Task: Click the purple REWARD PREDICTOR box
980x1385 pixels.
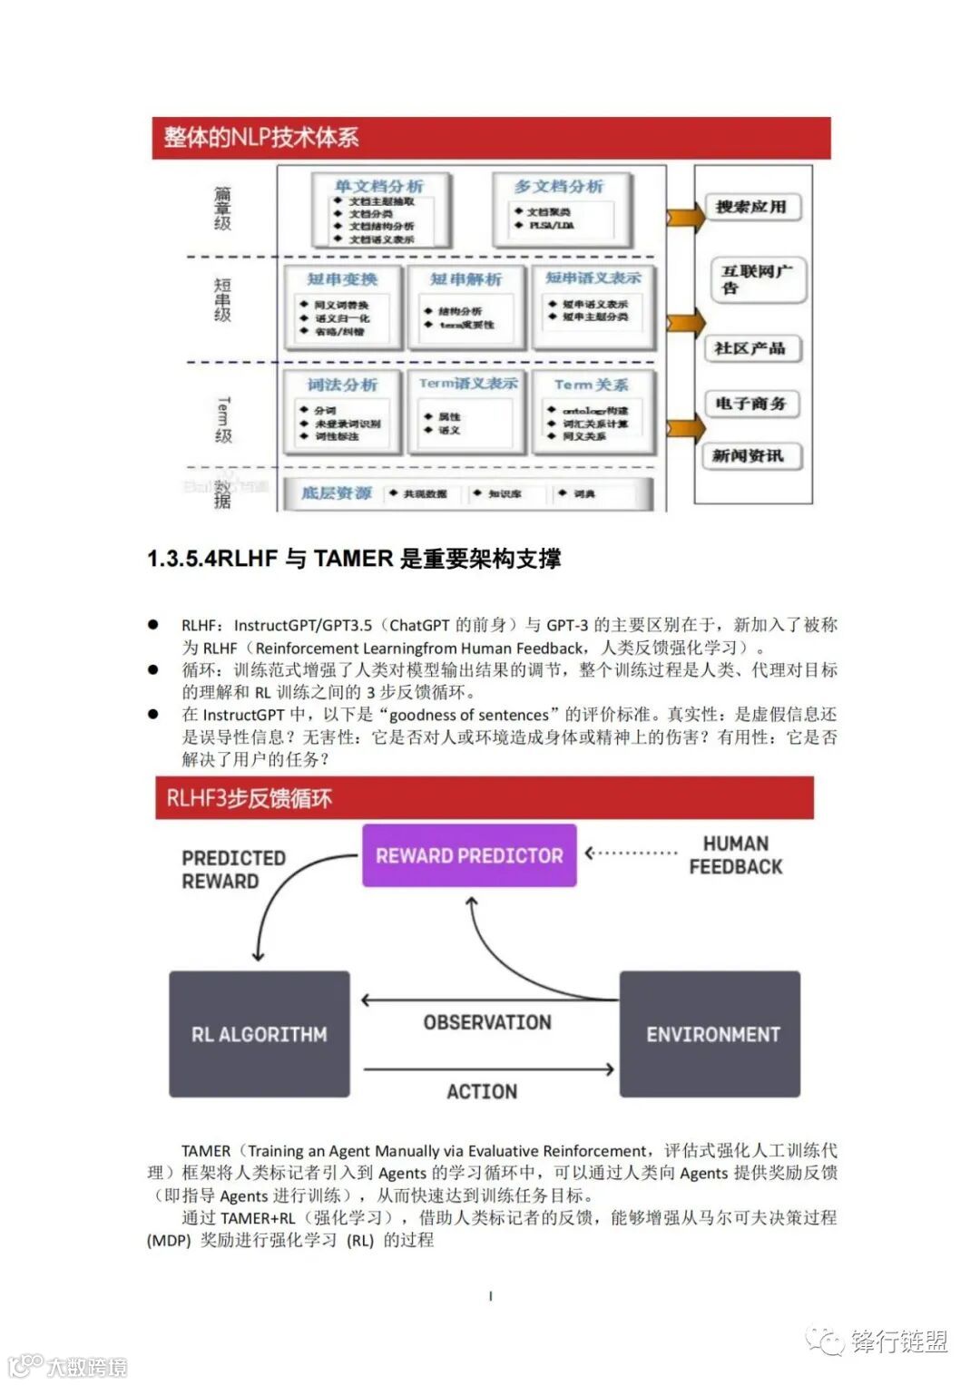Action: click(x=469, y=855)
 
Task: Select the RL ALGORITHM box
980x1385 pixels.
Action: click(x=260, y=1034)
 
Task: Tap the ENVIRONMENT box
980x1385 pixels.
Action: click(x=710, y=1034)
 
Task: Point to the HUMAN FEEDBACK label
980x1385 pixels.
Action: click(x=735, y=855)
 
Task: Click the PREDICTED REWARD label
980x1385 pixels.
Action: click(x=234, y=869)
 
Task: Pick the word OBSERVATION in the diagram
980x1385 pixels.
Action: click(x=487, y=1022)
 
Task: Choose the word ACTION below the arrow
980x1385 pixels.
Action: click(x=482, y=1091)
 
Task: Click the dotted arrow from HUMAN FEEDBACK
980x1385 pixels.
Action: click(x=632, y=853)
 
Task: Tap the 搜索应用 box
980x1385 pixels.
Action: click(x=750, y=207)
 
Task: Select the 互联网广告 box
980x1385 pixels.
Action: click(x=756, y=278)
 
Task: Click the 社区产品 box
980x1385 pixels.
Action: click(x=750, y=348)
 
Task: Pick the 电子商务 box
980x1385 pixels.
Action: click(x=750, y=404)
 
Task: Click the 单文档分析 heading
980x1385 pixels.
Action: click(x=378, y=186)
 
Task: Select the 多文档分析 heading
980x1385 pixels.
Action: click(x=559, y=186)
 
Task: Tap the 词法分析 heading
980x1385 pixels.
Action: click(x=342, y=385)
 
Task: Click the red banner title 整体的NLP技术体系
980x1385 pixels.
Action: click(x=261, y=138)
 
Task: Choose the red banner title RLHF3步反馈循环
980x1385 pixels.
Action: click(x=250, y=799)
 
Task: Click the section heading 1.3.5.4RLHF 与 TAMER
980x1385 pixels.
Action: click(x=354, y=559)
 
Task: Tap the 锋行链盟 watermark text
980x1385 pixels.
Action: click(x=898, y=1341)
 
